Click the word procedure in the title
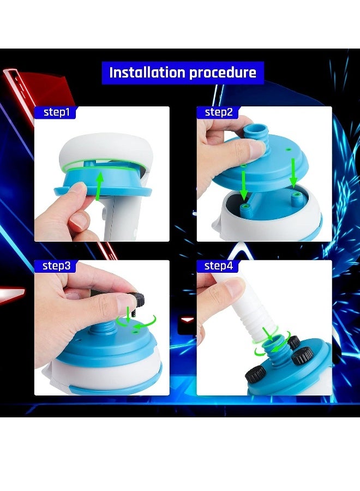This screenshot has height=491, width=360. point(224,73)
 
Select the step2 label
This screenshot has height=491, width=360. point(218,113)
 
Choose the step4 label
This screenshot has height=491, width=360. point(219,266)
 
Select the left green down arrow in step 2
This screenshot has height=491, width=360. point(244,183)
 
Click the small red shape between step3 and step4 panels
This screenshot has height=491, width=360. point(187,319)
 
